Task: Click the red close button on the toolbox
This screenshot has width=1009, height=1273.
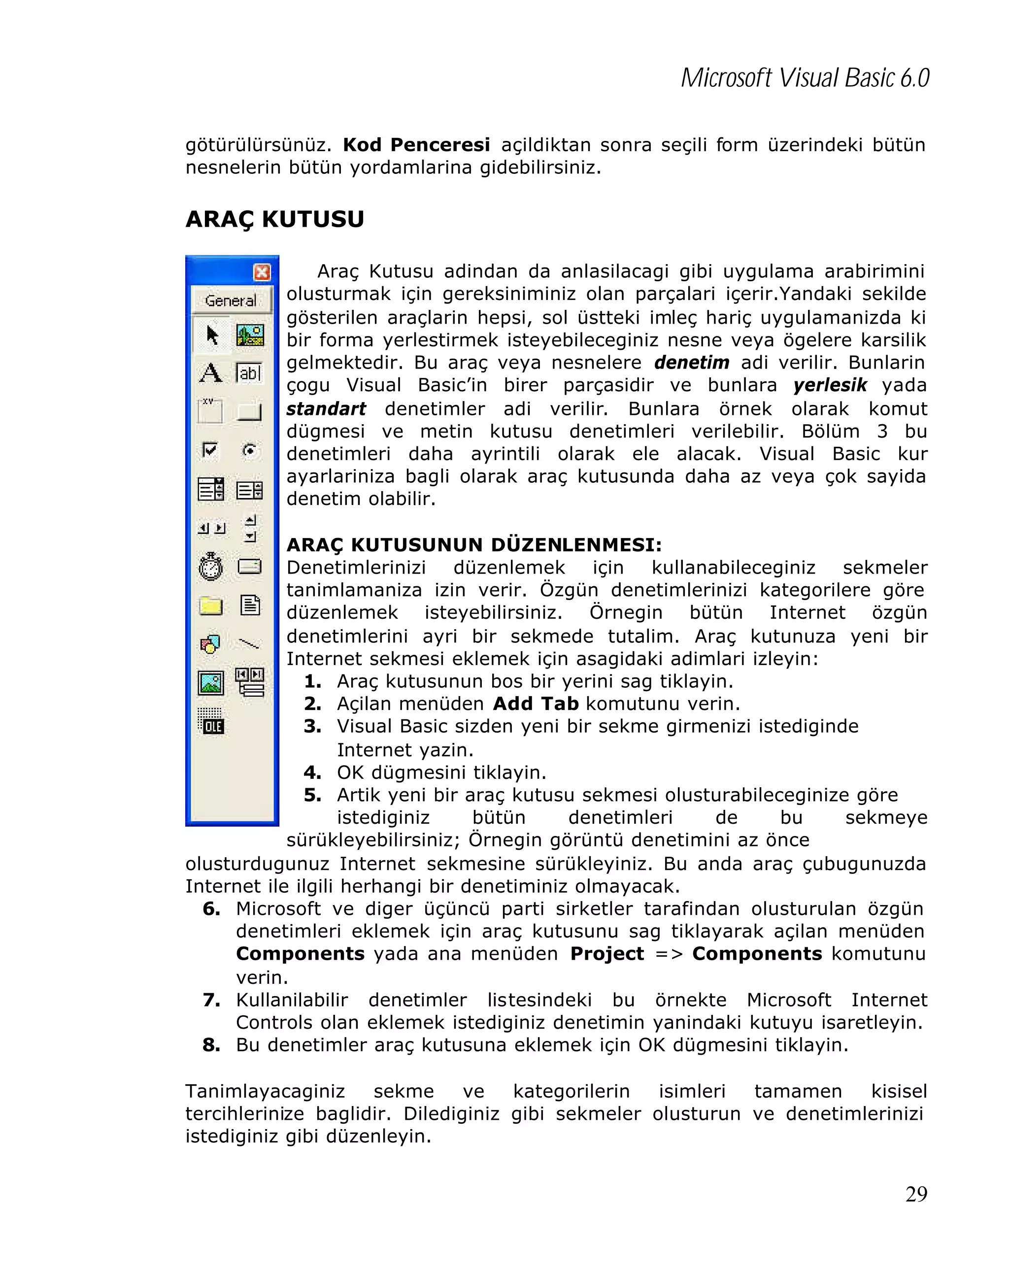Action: tap(262, 272)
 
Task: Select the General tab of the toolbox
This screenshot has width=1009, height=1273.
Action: tap(231, 301)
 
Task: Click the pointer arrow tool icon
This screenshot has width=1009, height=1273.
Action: tap(212, 335)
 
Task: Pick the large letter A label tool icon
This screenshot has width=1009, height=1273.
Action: tap(210, 373)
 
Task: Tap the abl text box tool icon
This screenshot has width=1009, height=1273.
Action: tap(249, 373)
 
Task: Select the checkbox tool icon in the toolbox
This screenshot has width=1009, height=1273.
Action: tap(209, 450)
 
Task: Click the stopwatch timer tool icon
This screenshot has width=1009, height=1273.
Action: tap(210, 567)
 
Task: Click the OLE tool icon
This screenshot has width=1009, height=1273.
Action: tap(211, 722)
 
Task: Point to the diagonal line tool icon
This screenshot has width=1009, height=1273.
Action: tap(249, 643)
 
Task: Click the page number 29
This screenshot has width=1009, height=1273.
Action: tap(916, 1194)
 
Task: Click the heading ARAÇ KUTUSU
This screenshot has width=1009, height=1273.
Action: tap(274, 219)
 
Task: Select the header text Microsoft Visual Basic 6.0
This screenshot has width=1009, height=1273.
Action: tap(805, 78)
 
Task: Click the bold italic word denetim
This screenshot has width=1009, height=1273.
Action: tap(691, 362)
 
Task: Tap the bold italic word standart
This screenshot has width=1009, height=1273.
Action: tap(326, 408)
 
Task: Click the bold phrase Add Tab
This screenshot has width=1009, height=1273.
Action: tap(536, 704)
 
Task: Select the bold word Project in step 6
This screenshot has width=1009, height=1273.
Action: tap(607, 954)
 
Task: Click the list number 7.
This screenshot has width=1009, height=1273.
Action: tap(211, 1000)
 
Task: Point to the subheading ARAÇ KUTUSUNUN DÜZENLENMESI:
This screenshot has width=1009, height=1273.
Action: tap(474, 544)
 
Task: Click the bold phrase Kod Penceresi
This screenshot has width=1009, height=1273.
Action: tap(416, 145)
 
